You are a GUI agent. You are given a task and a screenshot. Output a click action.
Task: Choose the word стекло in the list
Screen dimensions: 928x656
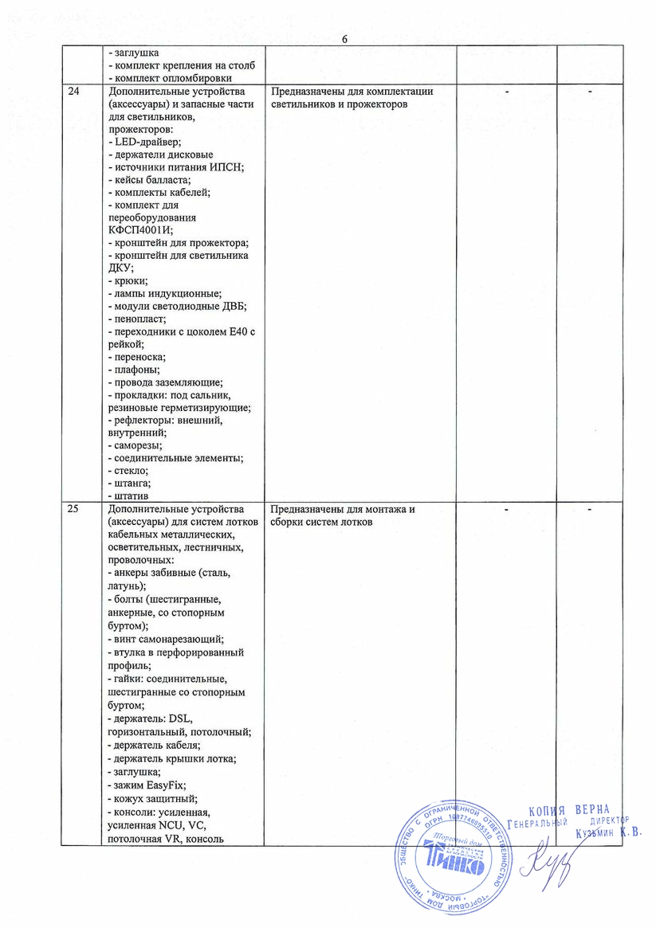tap(132, 471)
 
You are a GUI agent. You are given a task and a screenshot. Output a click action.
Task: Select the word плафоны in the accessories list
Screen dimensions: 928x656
tap(136, 370)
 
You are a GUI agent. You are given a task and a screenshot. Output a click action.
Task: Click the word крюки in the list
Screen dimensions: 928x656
tap(131, 280)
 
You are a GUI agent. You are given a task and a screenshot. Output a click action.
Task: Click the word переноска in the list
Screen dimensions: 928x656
tap(139, 357)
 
